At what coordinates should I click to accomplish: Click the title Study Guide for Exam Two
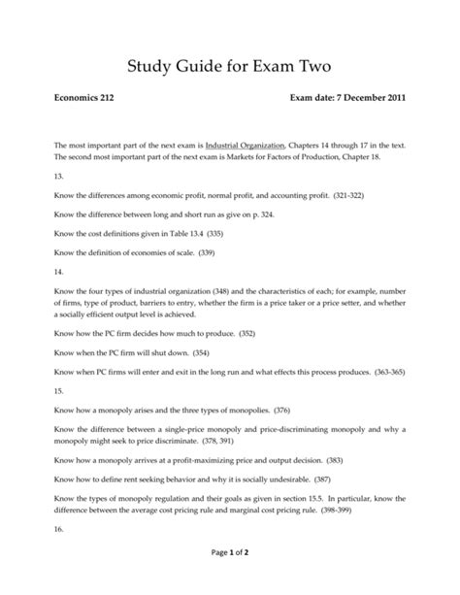tap(229, 67)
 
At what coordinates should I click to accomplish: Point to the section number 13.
tap(60, 178)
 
